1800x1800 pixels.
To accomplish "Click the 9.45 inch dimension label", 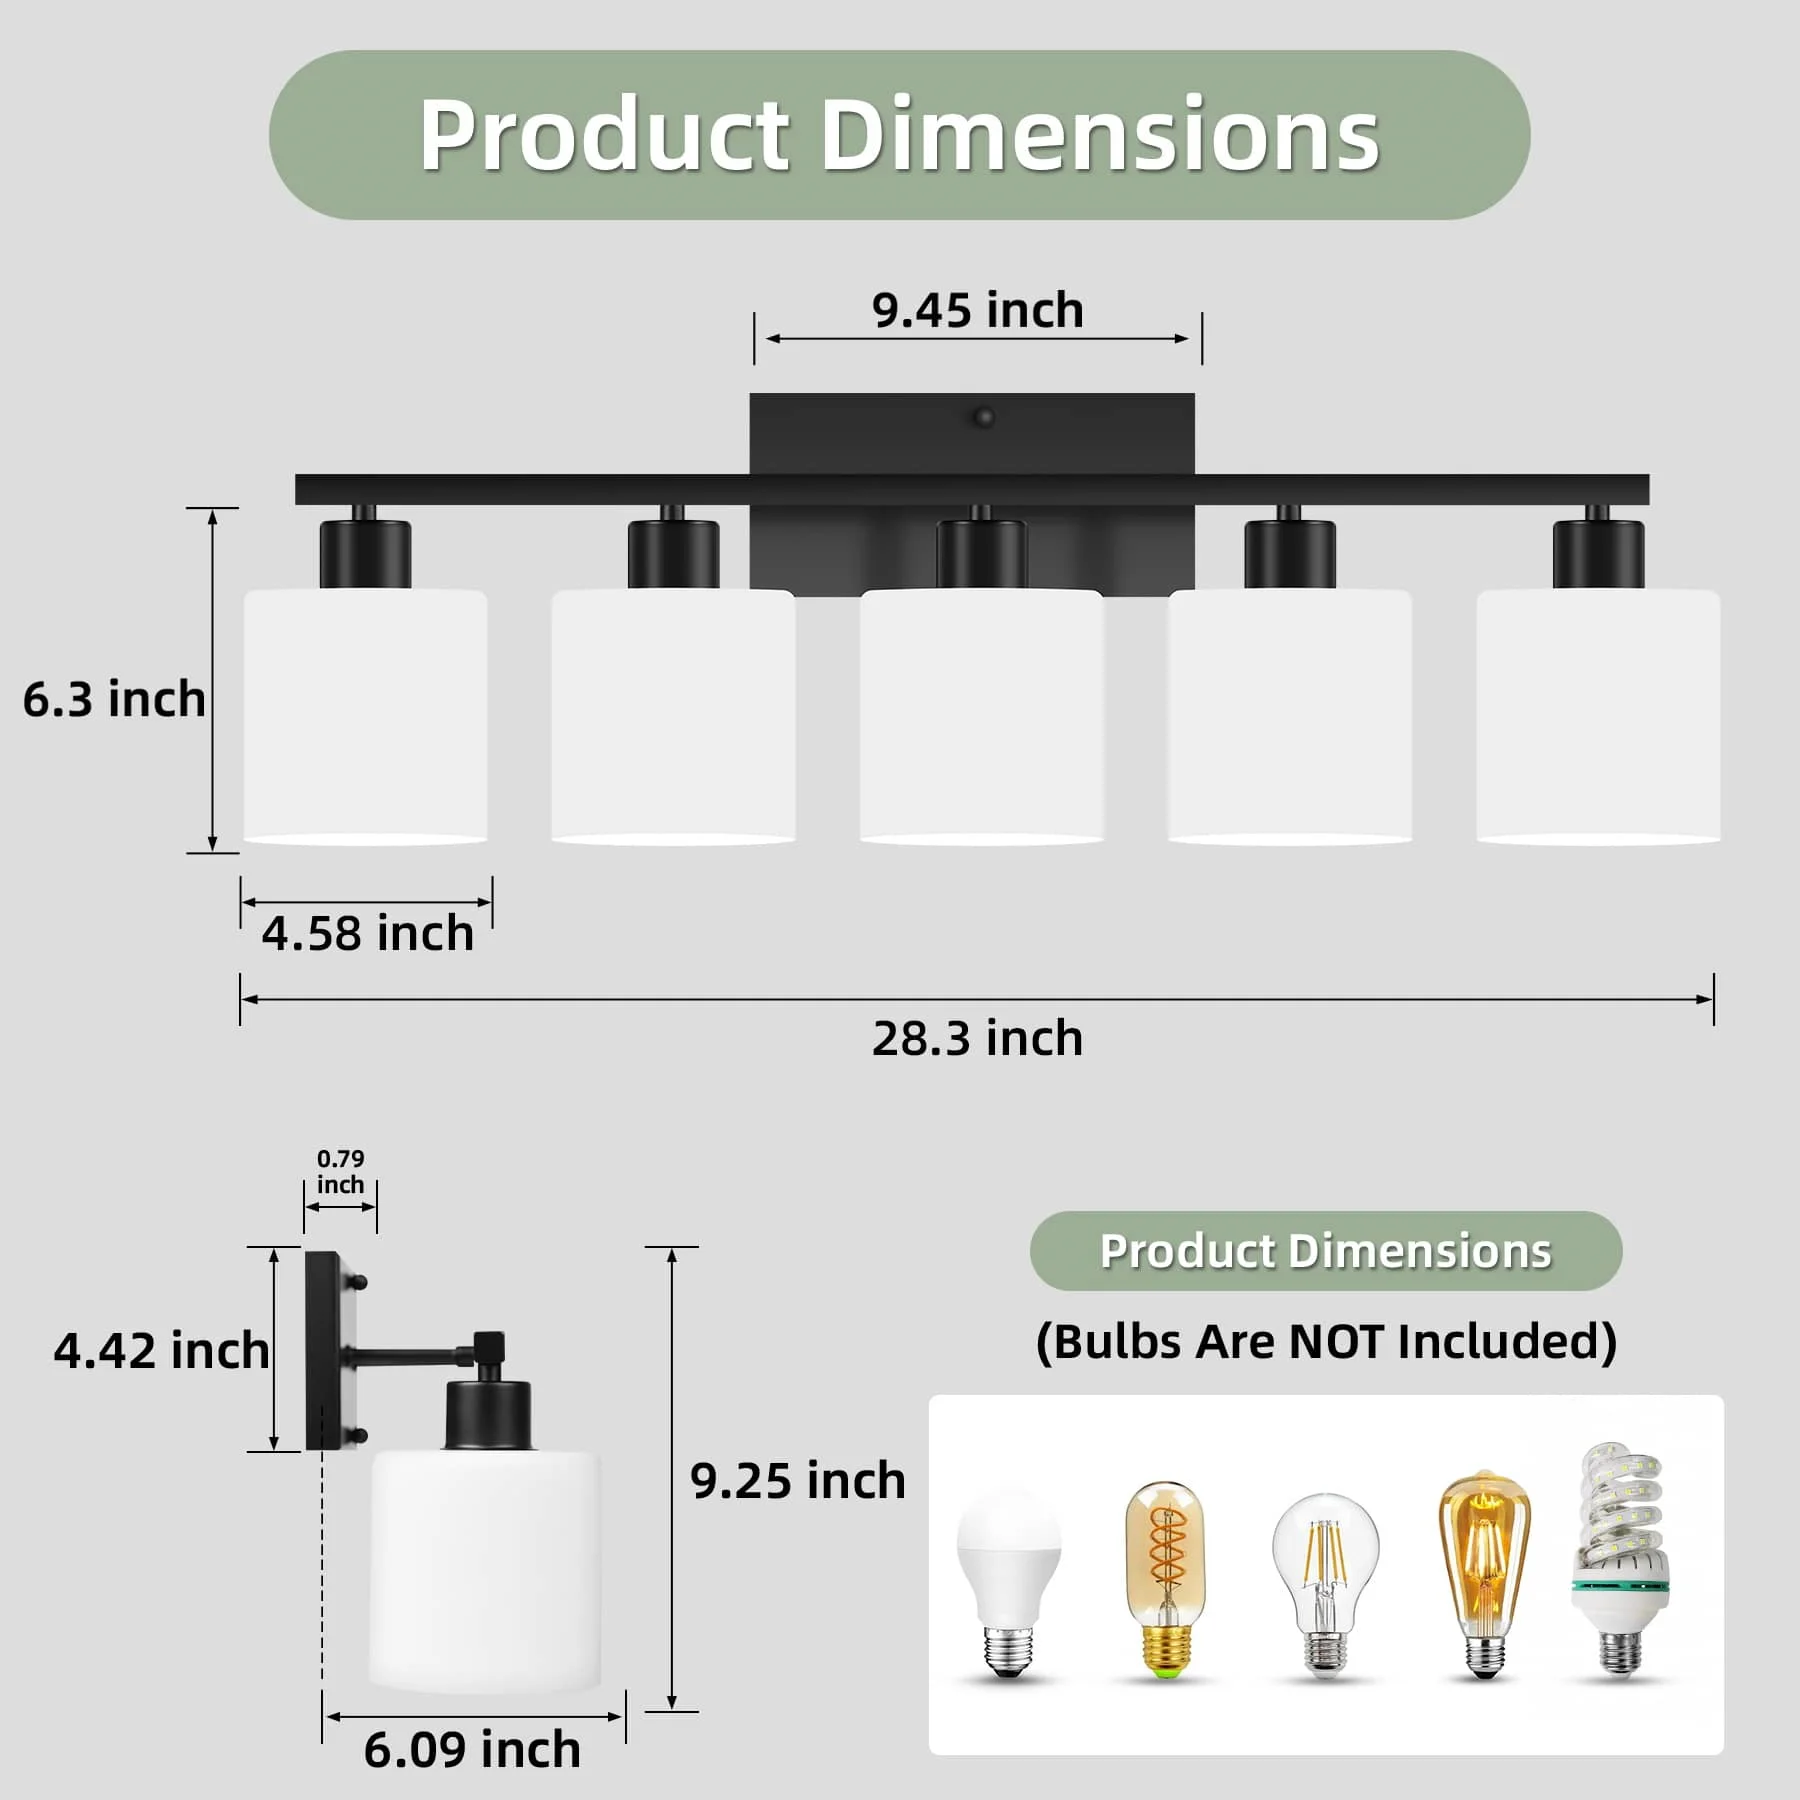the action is (977, 310).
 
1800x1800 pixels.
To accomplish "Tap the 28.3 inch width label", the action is (977, 1038).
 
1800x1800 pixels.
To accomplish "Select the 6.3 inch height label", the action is (114, 698).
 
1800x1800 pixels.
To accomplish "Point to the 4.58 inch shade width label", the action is (367, 933).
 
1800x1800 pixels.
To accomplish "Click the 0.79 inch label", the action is (340, 1171).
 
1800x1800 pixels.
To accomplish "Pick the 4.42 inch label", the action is (161, 1350).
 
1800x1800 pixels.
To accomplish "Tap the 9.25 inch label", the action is (797, 1480).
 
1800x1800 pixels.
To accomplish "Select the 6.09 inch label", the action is (471, 1749).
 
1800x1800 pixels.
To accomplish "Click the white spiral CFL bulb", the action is (1617, 1560).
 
